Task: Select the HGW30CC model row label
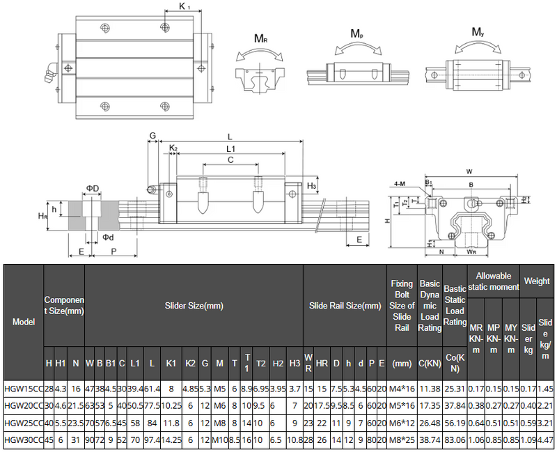(x=22, y=439)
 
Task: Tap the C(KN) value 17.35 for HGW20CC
(x=430, y=405)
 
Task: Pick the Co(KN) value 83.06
(x=455, y=439)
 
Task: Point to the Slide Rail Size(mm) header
(x=345, y=305)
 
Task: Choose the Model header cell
(x=23, y=322)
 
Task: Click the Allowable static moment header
(x=494, y=281)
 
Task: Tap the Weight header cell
(x=537, y=281)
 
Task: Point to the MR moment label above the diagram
(x=261, y=39)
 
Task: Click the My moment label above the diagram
(x=478, y=32)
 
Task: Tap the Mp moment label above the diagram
(x=356, y=33)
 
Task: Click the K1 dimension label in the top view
(x=185, y=6)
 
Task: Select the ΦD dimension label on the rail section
(x=93, y=188)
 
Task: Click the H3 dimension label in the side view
(x=312, y=186)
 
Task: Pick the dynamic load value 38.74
(x=430, y=439)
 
